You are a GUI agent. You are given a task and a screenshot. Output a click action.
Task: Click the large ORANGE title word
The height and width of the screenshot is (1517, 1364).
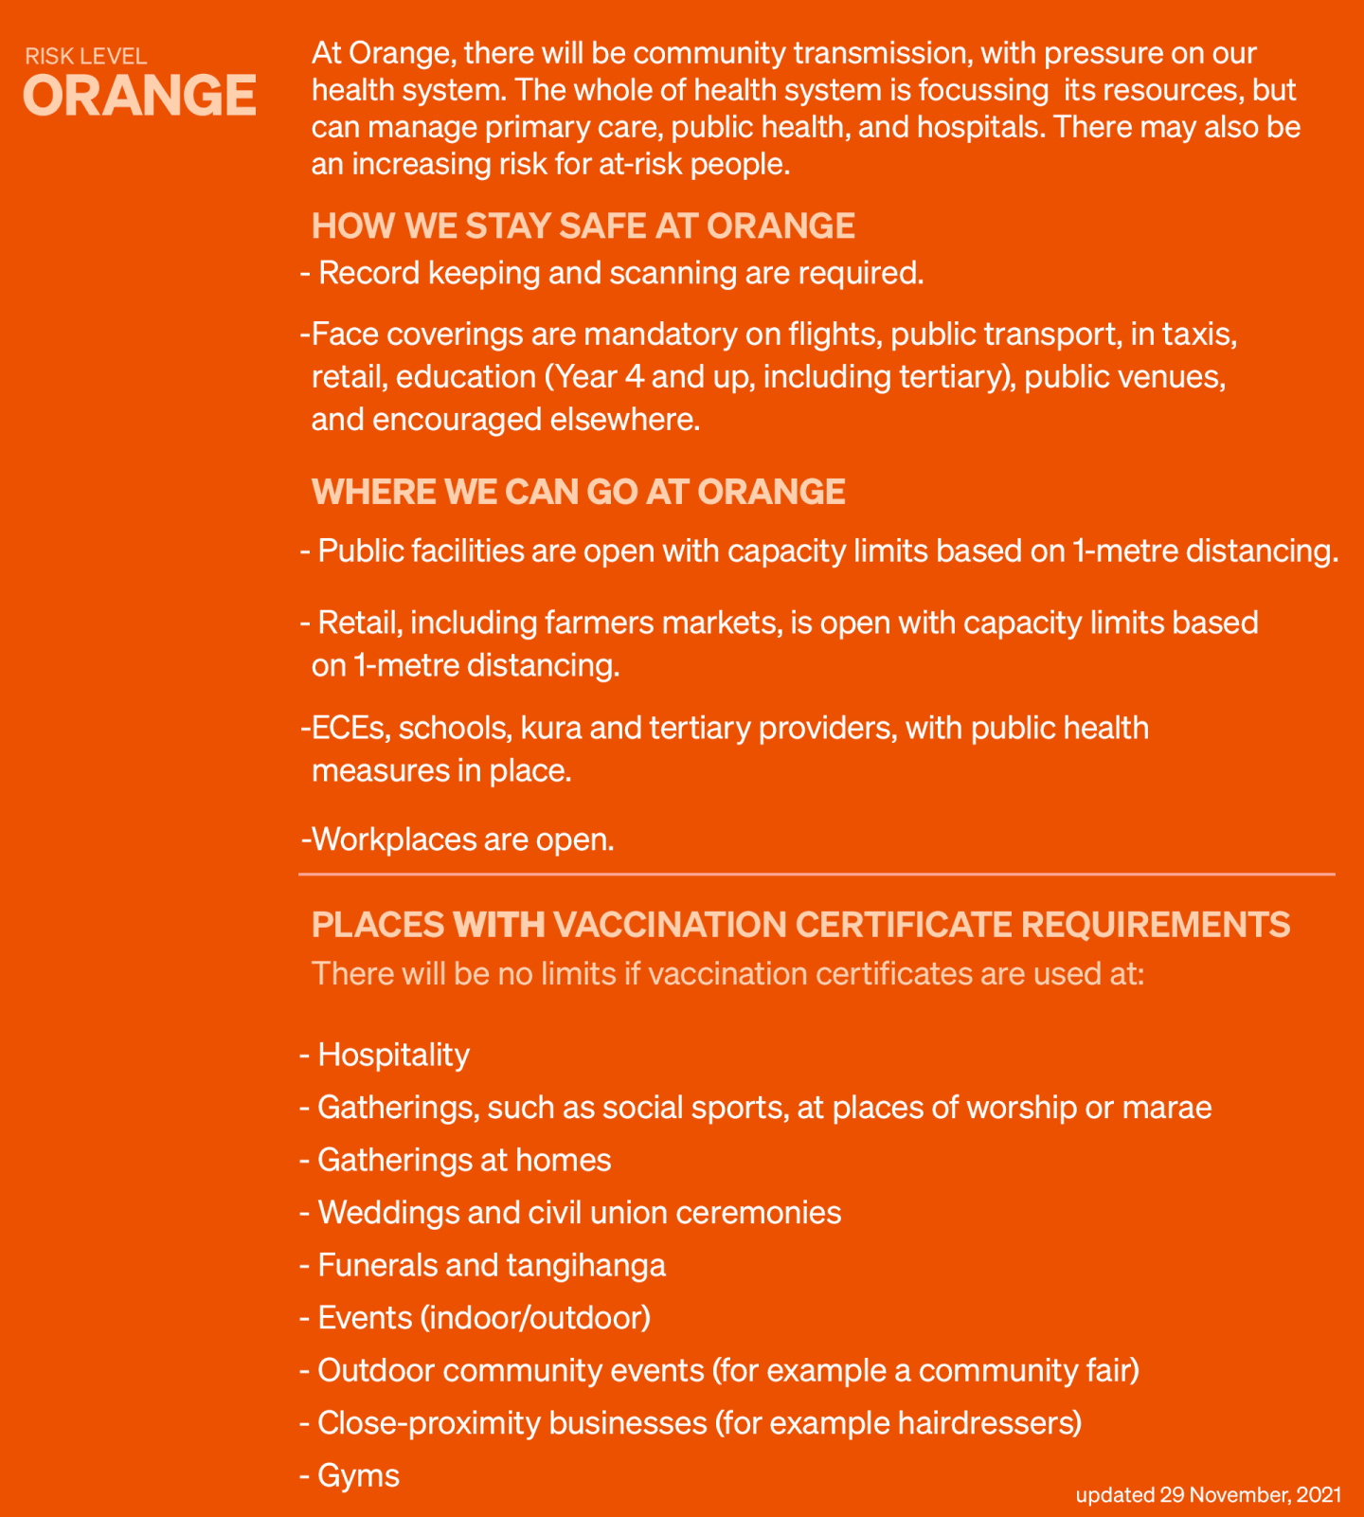(139, 96)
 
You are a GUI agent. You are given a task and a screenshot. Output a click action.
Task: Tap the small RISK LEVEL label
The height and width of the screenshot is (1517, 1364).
(86, 56)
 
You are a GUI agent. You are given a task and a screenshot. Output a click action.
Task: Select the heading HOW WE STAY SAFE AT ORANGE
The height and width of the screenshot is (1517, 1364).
(583, 226)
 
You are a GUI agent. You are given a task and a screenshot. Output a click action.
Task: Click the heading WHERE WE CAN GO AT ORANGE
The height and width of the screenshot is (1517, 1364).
(578, 492)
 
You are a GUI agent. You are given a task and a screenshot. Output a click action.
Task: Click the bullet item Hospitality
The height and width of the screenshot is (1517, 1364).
(393, 1055)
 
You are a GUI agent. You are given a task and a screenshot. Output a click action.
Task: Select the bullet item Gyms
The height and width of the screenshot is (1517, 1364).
(358, 1475)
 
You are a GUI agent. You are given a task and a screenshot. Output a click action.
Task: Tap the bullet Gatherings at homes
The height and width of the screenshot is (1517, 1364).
(464, 1160)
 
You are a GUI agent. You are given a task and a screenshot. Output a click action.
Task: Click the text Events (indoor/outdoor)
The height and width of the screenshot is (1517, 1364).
(484, 1318)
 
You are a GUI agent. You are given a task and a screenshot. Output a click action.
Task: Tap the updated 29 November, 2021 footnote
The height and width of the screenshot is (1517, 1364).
(1208, 1495)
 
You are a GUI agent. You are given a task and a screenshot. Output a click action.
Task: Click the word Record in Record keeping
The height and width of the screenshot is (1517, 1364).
(368, 273)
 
